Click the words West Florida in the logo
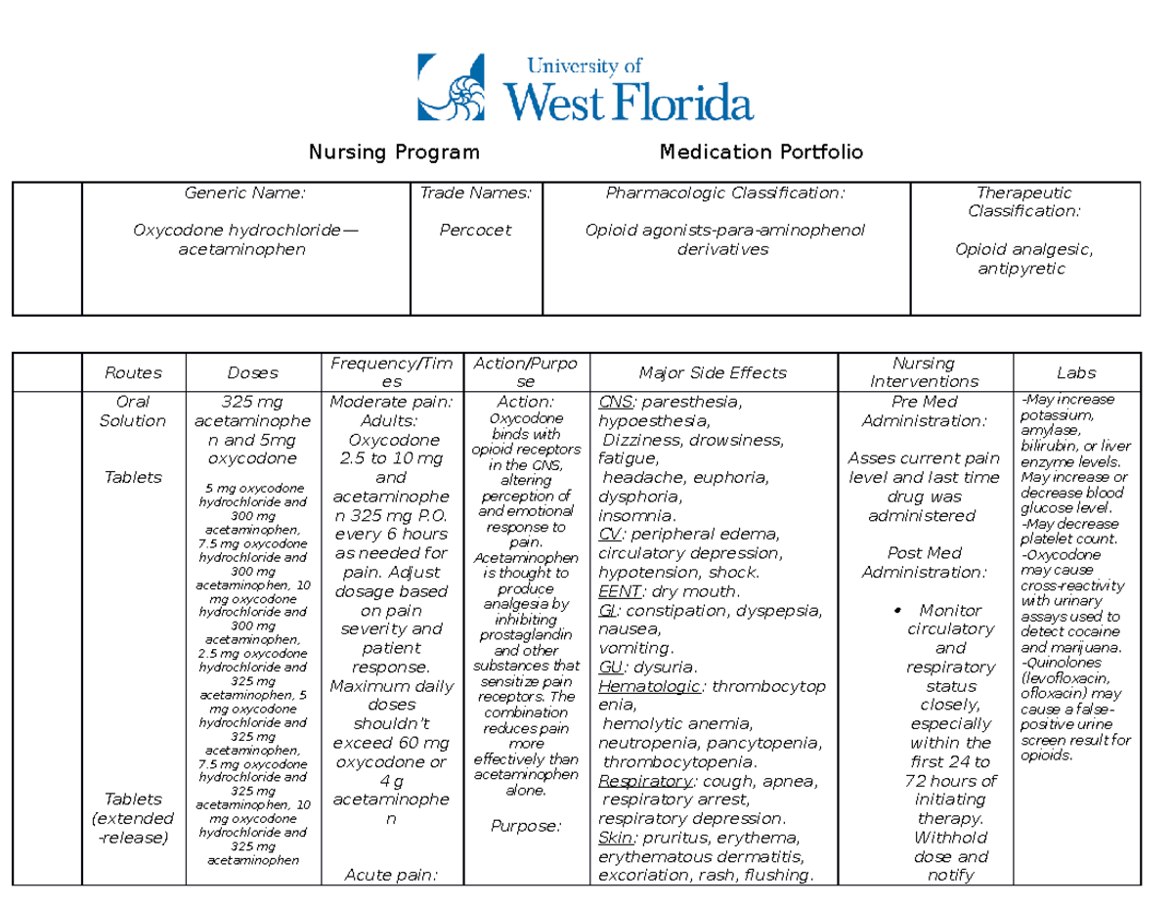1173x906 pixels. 629,100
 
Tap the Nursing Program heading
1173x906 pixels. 394,151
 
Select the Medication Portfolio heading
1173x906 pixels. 761,151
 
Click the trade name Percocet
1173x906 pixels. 477,231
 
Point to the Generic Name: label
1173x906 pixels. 245,194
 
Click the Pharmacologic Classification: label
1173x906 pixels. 724,194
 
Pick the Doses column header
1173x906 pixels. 252,372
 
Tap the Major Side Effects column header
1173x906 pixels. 713,372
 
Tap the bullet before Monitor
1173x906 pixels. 897,611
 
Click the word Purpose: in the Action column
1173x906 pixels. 526,827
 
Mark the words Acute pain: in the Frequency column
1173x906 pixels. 391,875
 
